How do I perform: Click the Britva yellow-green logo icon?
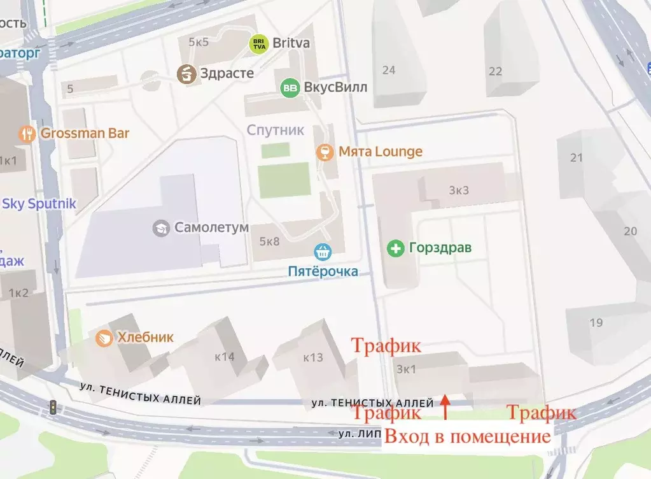click(x=258, y=43)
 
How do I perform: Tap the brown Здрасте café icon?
click(x=186, y=73)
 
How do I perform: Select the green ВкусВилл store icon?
click(x=290, y=88)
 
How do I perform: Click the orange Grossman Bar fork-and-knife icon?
click(x=27, y=133)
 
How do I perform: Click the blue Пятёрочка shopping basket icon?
click(x=323, y=252)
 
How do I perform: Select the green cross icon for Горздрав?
click(x=396, y=248)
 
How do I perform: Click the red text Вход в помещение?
click(x=468, y=437)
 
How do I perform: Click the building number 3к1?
click(x=406, y=369)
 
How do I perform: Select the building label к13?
click(x=313, y=357)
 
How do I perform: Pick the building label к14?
click(x=225, y=357)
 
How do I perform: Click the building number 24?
click(x=388, y=70)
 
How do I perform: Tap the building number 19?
click(x=596, y=322)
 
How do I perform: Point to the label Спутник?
click(x=276, y=130)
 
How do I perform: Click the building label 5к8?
click(x=270, y=241)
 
